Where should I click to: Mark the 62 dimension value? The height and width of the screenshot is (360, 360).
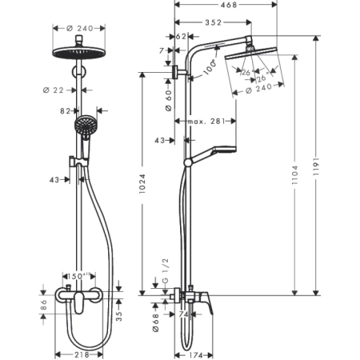click(x=181, y=37)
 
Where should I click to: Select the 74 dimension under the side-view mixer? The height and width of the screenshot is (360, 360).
click(x=184, y=316)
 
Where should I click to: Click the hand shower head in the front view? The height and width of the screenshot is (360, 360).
click(x=82, y=125)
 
